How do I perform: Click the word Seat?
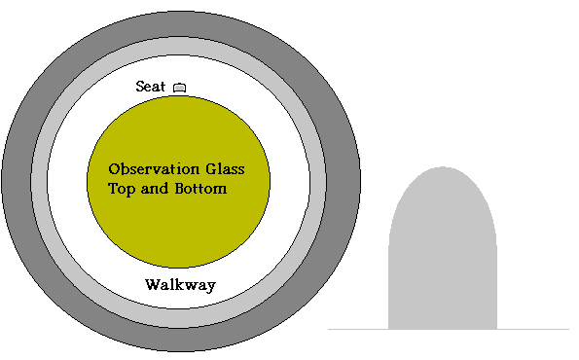point(150,87)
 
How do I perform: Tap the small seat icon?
point(179,88)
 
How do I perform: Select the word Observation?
point(154,169)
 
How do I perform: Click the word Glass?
point(225,169)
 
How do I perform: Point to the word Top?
point(122,189)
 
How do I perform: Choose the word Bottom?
point(200,189)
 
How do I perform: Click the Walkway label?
point(180,285)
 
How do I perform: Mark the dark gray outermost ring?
point(17,181)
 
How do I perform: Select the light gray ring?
point(39,181)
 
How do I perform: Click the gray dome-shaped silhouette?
point(443,251)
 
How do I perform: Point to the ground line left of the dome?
point(358,329)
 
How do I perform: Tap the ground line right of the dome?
point(533,329)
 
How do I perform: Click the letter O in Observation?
point(114,169)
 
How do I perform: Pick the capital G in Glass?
point(211,169)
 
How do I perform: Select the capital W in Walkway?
point(153,285)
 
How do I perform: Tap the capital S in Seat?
point(140,87)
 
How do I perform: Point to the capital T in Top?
point(113,189)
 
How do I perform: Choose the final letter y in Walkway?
point(211,287)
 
